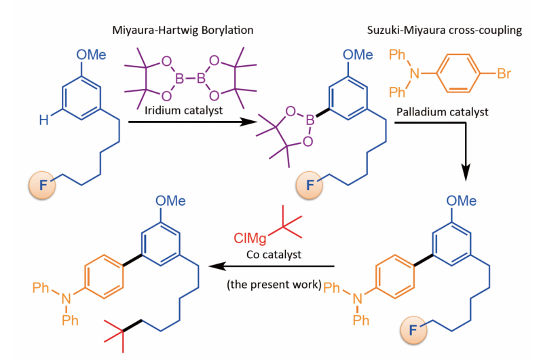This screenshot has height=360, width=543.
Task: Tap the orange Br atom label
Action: pos(504,74)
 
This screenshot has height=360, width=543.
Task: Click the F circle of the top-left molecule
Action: pos(41,184)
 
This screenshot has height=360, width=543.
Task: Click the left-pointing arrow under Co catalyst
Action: pos(271,267)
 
